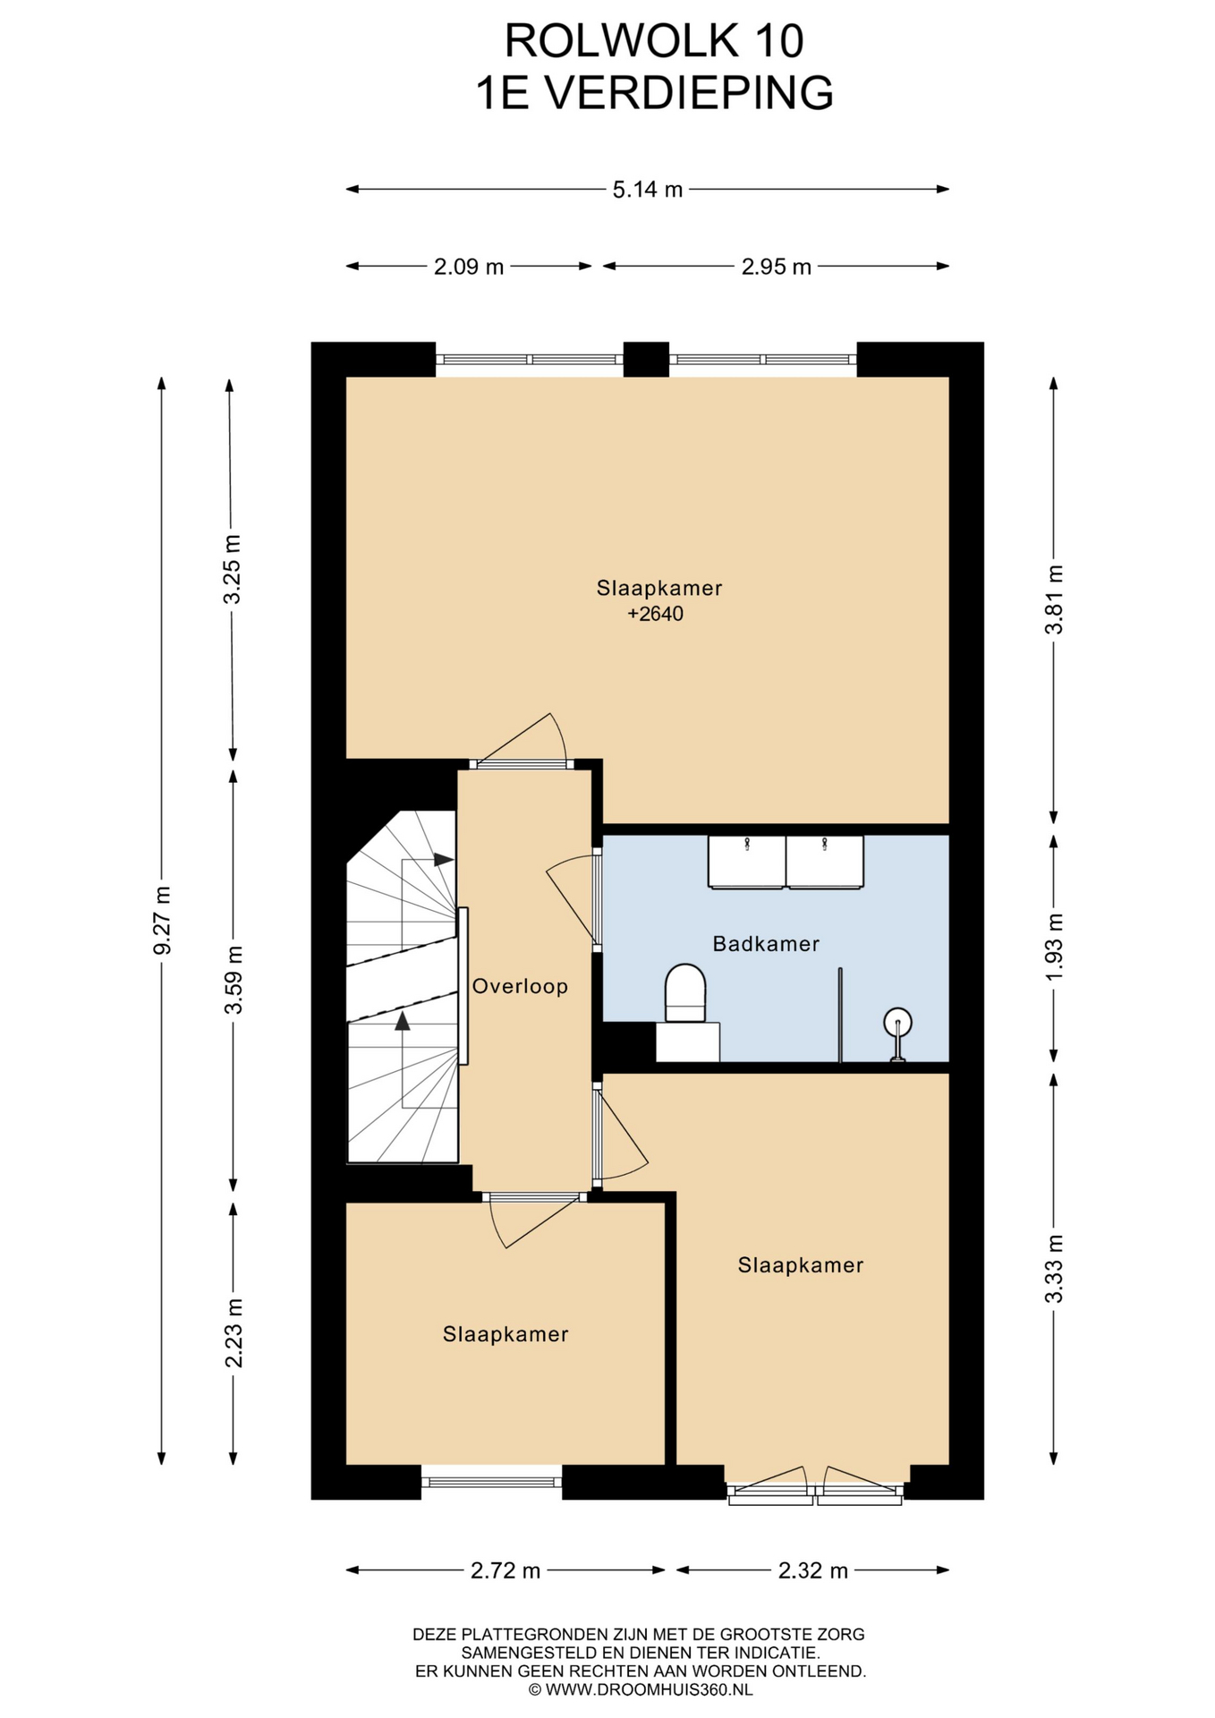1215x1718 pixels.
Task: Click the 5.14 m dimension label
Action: click(648, 190)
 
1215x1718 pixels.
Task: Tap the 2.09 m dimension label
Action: click(469, 267)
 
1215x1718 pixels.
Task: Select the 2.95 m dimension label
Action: click(777, 267)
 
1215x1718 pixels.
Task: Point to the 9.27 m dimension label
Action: click(162, 920)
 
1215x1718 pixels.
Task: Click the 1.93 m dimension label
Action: click(1055, 946)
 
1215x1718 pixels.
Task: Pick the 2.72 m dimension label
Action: click(506, 1570)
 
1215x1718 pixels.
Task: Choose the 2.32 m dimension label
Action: click(812, 1570)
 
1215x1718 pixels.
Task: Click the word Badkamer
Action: click(766, 943)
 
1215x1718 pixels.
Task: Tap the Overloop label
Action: click(520, 986)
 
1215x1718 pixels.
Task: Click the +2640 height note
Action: click(655, 614)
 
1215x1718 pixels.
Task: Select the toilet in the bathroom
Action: click(686, 993)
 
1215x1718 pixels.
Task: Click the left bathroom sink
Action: click(746, 862)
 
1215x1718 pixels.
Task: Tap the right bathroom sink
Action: click(825, 862)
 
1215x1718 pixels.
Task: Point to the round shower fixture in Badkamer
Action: click(897, 1022)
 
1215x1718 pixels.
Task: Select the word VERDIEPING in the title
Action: click(689, 93)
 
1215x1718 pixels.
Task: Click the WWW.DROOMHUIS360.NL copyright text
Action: click(641, 1690)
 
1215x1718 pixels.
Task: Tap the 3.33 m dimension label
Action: click(1055, 1268)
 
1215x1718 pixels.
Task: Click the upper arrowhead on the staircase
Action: click(444, 859)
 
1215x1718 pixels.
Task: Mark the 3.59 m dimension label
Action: click(234, 980)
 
